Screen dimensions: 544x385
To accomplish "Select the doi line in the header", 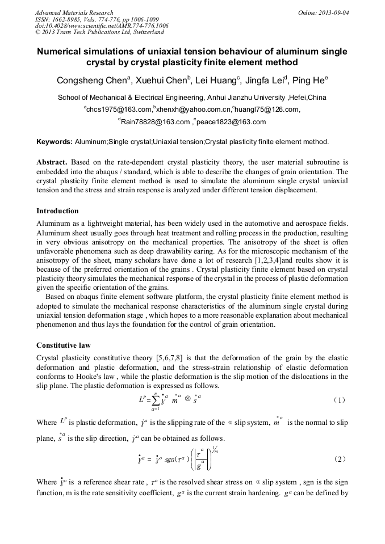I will (102, 26).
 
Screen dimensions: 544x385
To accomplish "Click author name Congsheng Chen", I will (93, 81).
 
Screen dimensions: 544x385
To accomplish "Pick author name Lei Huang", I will (219, 81).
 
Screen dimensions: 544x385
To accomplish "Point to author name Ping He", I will (308, 81).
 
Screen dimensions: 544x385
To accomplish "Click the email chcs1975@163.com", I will (118, 109).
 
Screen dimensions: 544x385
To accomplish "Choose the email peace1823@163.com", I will (231, 121).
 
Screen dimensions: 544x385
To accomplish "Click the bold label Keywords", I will (54, 141).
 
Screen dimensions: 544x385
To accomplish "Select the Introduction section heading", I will (57, 210).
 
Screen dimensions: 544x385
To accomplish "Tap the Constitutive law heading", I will (64, 345).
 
